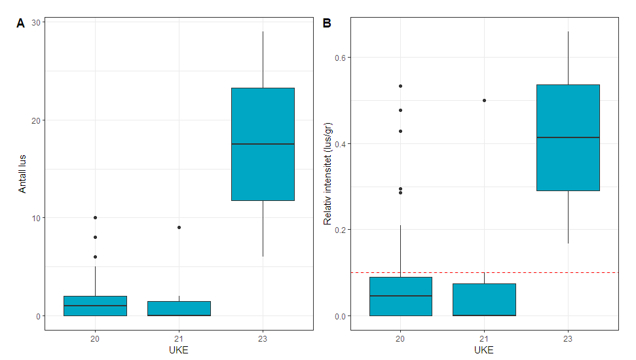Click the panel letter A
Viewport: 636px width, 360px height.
[x=20, y=23]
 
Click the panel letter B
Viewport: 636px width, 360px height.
[x=327, y=23]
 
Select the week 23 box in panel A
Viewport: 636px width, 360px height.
[x=263, y=164]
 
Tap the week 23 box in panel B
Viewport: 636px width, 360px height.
[x=568, y=164]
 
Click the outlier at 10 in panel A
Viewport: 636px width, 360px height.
[x=96, y=217]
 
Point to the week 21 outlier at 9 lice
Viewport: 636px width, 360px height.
[x=179, y=227]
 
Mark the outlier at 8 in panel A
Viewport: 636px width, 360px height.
[x=96, y=237]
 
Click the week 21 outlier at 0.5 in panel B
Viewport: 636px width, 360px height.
[x=484, y=100]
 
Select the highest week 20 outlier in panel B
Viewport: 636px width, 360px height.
[x=400, y=86]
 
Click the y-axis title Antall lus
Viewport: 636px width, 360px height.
[x=22, y=173]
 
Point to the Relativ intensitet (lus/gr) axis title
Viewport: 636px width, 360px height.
[x=328, y=173]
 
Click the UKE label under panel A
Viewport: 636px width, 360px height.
[x=179, y=350]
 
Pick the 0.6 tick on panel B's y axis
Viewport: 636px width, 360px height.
[x=340, y=58]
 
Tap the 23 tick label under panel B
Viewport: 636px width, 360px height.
[x=568, y=338]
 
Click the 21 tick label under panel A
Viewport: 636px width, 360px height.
[x=179, y=338]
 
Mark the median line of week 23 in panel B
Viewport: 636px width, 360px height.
[x=568, y=137]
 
